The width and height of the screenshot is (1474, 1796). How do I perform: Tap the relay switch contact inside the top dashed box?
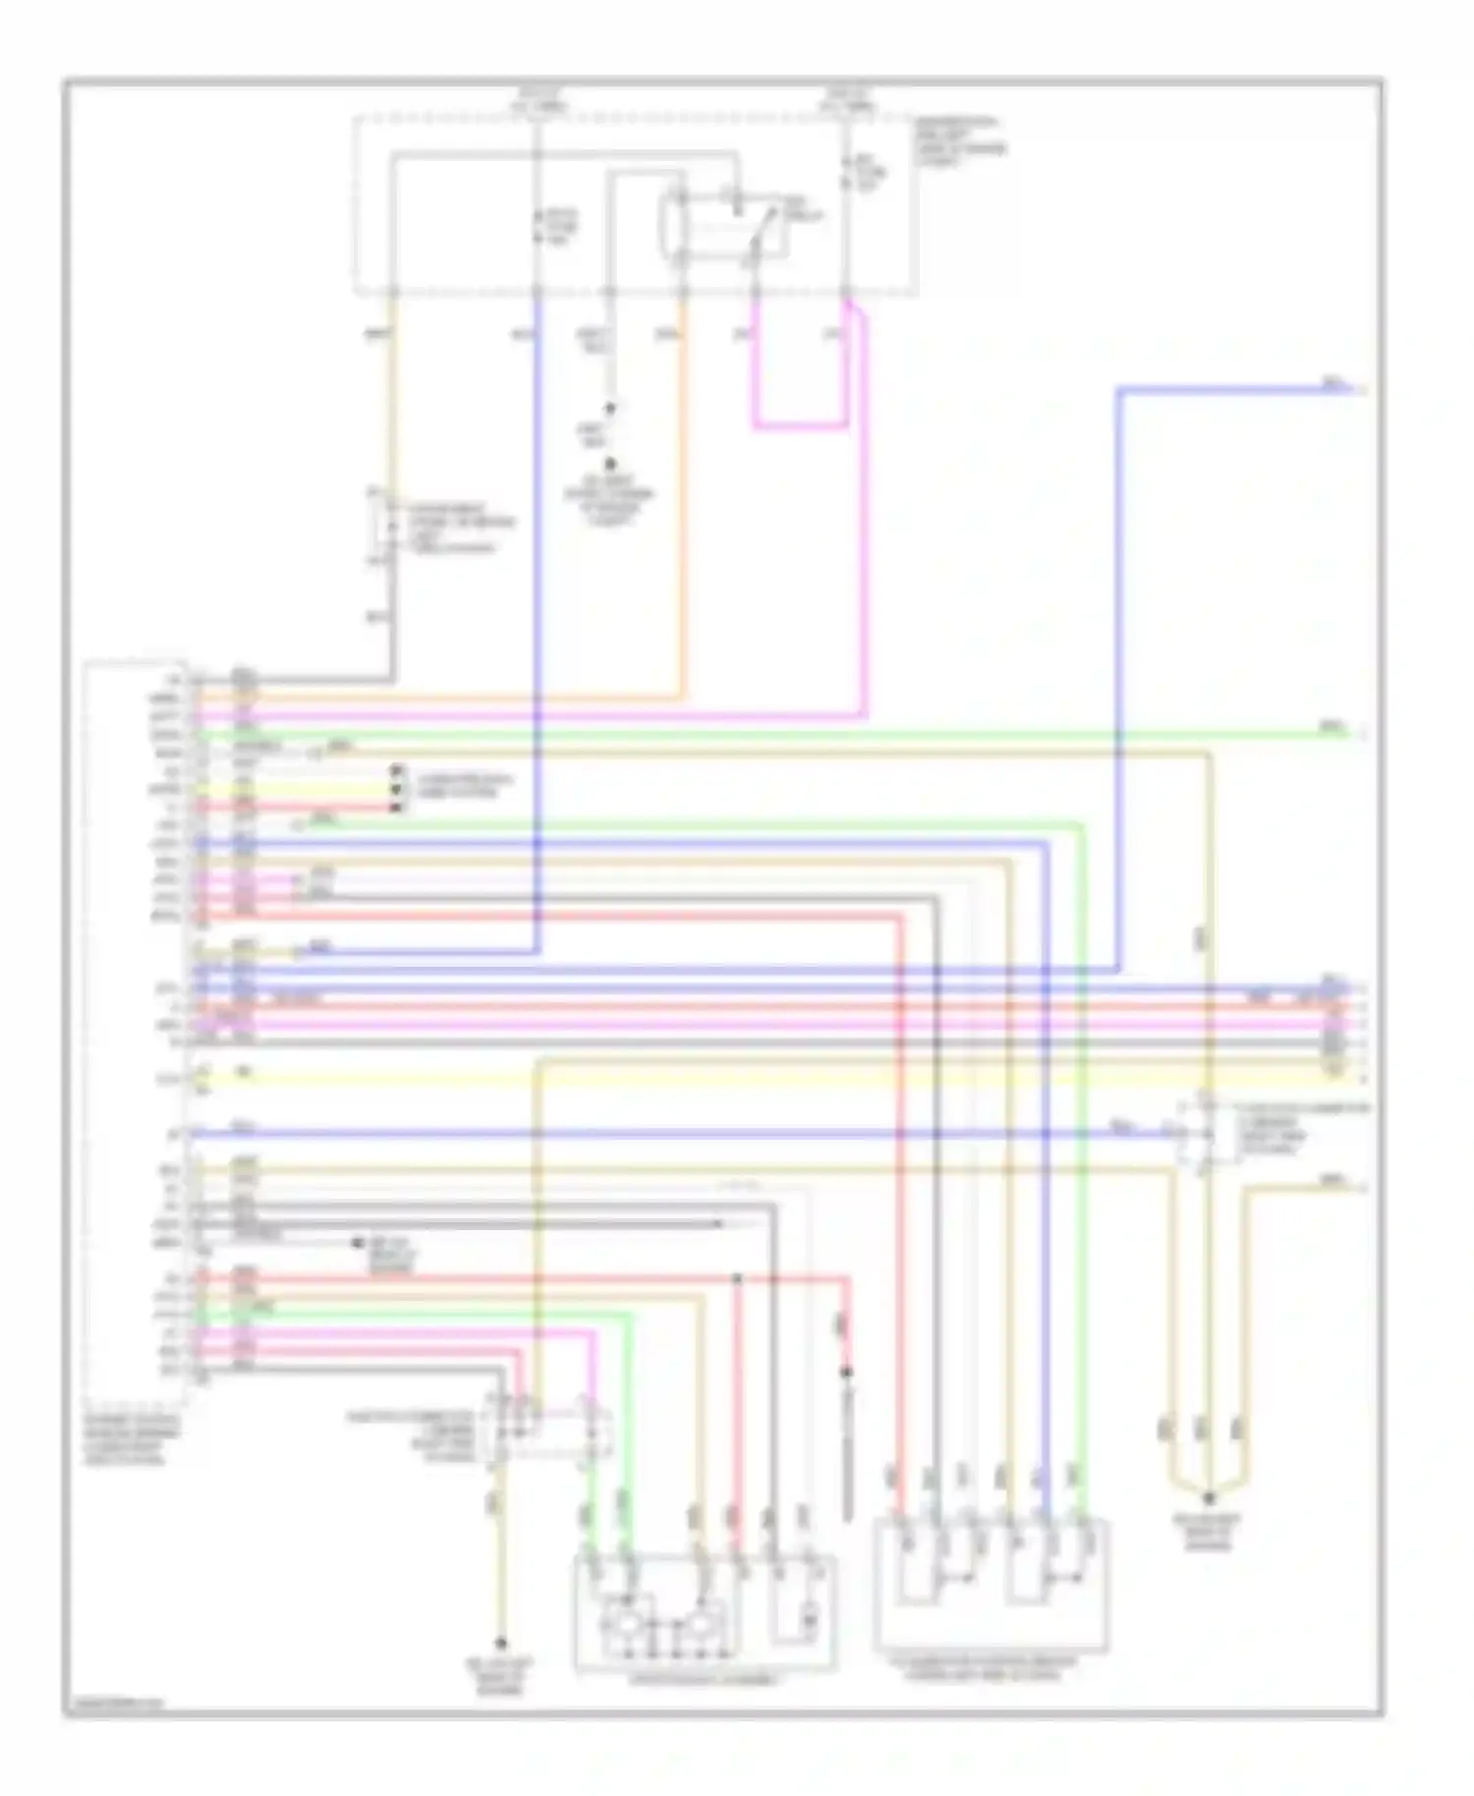[x=757, y=234]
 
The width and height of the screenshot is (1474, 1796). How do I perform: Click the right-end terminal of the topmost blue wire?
[x=1359, y=391]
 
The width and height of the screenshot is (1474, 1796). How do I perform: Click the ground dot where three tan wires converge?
[x=1210, y=1497]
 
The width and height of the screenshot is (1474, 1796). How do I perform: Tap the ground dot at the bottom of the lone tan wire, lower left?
[x=500, y=1642]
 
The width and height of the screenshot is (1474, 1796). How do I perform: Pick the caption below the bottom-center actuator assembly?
[x=705, y=1680]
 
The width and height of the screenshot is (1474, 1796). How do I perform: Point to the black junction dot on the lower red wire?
[x=737, y=1278]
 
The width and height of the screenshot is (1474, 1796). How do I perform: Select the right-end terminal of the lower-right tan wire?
[x=1359, y=1188]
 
